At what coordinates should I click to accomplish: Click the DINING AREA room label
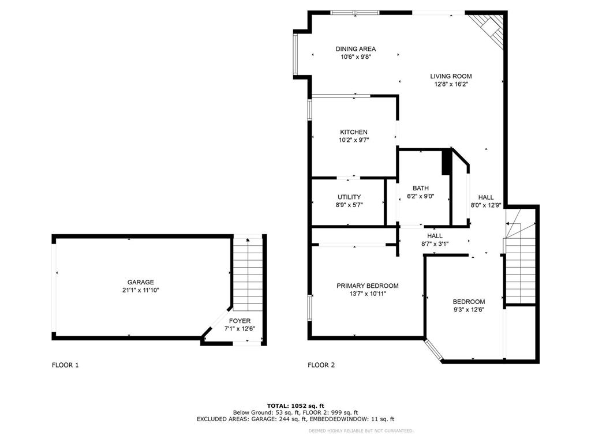coord(356,49)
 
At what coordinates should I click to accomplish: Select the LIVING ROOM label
coord(451,76)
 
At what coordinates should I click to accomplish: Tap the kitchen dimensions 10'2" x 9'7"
coord(353,140)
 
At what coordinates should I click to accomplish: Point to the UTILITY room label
coord(349,197)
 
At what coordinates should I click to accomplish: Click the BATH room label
coord(420,188)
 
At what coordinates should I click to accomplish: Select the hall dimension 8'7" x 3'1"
coord(435,244)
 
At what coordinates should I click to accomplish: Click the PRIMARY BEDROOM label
coord(368,286)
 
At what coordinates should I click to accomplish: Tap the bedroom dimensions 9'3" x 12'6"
coord(468,309)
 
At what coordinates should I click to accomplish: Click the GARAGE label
coord(140,282)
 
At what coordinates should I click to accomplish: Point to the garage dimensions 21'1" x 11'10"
coord(140,290)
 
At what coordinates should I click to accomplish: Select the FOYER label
coord(240,321)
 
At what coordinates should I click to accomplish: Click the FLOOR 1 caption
coord(65,365)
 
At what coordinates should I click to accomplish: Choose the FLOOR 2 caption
coord(321,365)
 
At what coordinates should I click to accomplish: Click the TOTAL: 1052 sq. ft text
coord(295,405)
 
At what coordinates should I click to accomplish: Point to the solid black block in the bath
coord(446,162)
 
